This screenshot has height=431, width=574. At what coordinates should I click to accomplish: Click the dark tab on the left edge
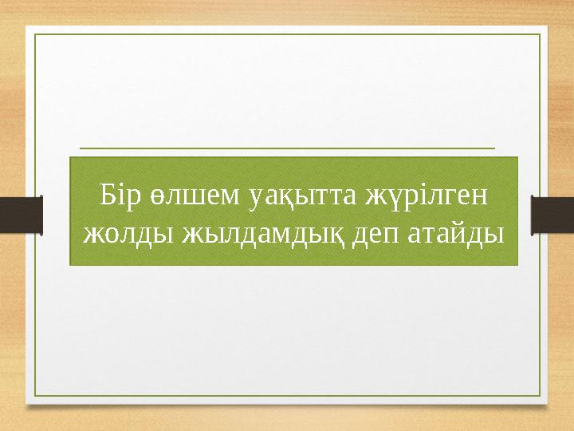(21, 215)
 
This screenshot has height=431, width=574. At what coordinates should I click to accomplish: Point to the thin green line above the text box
(288, 148)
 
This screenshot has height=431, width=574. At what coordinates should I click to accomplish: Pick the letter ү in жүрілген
(391, 198)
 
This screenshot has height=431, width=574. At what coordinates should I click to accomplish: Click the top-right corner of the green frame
(541, 35)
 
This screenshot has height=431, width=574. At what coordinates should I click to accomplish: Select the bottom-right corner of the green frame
(541, 396)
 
